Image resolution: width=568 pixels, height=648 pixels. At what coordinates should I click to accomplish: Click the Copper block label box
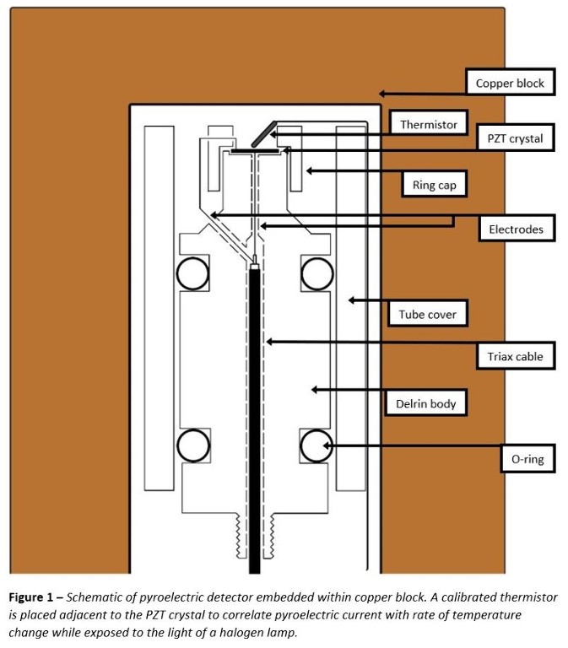pos(511,84)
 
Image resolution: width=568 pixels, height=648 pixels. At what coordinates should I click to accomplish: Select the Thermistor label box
pos(428,124)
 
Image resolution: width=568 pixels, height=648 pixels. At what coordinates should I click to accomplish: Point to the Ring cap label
pos(435,185)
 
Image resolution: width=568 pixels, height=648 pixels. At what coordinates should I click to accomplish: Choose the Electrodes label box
pos(516,229)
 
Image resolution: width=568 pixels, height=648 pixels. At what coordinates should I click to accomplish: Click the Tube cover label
pos(428,315)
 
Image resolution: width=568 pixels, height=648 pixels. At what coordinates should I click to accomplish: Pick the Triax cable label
pos(515,357)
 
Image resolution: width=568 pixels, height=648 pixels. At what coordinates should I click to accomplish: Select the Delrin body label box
pos(426,403)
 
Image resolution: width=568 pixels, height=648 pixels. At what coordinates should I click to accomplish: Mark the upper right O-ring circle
pos(316,273)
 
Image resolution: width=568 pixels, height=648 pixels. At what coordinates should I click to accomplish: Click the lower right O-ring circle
pos(316,444)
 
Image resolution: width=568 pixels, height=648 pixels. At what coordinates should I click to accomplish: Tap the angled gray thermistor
pos(261,132)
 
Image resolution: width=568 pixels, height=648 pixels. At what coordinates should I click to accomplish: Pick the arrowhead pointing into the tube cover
pos(353,300)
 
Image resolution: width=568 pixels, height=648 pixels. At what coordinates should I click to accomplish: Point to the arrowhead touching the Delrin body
pos(314,389)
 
